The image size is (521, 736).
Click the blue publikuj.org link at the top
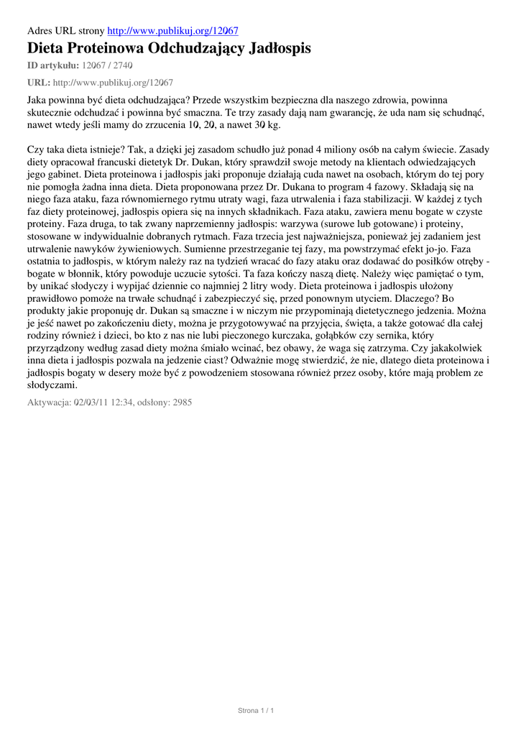pos(172,31)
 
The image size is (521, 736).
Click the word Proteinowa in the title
pos(106,49)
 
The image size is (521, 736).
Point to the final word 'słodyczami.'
pos(52,385)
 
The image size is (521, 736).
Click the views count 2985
pos(181,403)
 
